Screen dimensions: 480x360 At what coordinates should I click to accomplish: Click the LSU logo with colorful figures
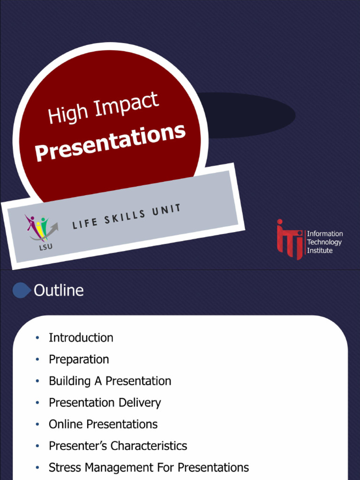(x=40, y=229)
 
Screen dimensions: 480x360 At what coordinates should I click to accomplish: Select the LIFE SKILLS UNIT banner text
(x=127, y=217)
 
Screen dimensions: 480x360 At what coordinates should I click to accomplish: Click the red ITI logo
(x=289, y=239)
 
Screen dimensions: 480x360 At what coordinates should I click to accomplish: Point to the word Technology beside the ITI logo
(x=324, y=242)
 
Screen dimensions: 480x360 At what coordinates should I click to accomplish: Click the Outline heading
(x=59, y=291)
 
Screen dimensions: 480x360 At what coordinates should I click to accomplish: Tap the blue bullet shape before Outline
(x=21, y=291)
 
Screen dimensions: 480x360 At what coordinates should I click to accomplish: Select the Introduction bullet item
(x=81, y=337)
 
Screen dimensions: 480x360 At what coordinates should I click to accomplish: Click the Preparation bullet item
(x=79, y=360)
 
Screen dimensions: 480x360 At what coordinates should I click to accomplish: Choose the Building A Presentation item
(x=110, y=381)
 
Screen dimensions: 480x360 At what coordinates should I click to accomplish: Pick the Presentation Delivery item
(x=105, y=403)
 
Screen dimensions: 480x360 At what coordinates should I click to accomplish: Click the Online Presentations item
(x=103, y=424)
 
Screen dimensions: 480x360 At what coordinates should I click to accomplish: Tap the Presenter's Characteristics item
(x=118, y=446)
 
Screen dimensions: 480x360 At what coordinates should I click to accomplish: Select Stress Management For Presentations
(x=149, y=467)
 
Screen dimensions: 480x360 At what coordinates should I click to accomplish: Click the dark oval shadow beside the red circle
(x=253, y=115)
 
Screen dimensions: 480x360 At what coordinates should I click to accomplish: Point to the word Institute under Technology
(x=320, y=251)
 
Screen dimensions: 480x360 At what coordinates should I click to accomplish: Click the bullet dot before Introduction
(x=37, y=338)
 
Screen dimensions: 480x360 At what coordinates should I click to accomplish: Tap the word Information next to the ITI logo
(x=325, y=234)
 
